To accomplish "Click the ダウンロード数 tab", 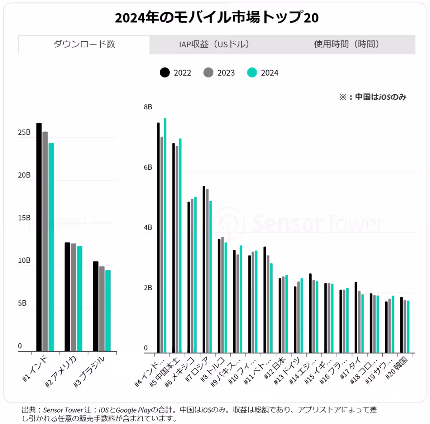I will (x=84, y=44).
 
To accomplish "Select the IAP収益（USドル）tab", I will (x=214, y=44).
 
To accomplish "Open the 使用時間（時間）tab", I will (x=347, y=44).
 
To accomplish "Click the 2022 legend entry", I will (x=176, y=73).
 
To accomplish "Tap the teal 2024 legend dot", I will (x=252, y=73).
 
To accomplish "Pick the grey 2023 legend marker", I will (x=209, y=73).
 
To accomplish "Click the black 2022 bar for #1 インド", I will (x=39, y=237).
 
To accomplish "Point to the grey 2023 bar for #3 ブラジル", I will (x=102, y=308).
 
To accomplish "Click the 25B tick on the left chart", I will (x=24, y=132).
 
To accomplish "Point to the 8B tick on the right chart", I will (x=148, y=107).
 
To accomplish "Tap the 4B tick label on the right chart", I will (x=148, y=227).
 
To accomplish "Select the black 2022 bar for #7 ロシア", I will (x=204, y=269).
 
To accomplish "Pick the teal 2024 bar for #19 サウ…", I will (x=393, y=324).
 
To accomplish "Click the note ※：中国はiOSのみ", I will (x=373, y=97).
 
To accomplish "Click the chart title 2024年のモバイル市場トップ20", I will (x=216, y=18).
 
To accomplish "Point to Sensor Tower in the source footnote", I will (x=63, y=410).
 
